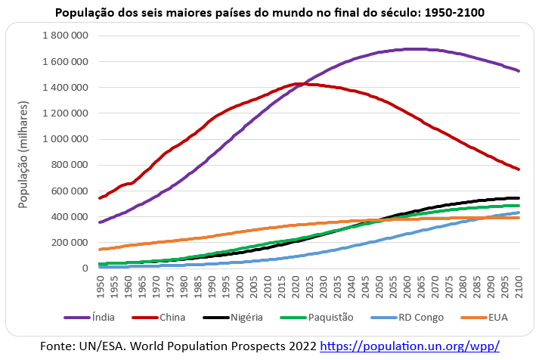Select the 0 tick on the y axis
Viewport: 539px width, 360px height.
(85, 268)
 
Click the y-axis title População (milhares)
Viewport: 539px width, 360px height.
(24, 156)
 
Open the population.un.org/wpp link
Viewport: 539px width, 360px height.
(410, 346)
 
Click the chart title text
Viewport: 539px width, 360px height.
(270, 13)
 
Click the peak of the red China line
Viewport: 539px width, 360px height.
(299, 83)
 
